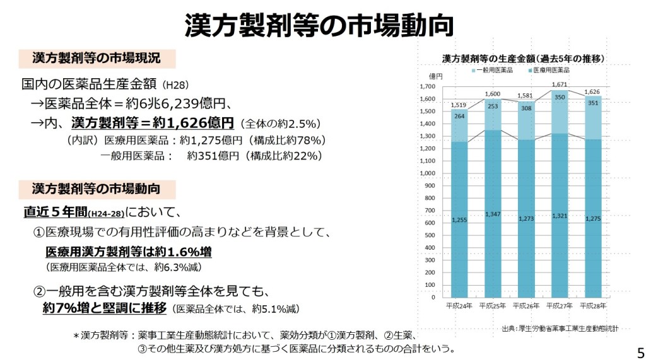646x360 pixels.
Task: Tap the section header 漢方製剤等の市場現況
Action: (x=96, y=59)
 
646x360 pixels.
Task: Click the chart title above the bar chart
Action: (x=524, y=58)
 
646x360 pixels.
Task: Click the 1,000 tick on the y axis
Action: (x=427, y=173)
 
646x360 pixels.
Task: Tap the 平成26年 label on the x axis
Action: (x=526, y=306)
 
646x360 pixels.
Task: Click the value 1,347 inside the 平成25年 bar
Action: (x=493, y=214)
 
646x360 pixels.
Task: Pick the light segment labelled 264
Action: (x=459, y=116)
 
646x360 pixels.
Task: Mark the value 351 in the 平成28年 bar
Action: (x=593, y=103)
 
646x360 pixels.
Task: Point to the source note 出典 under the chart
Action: (x=560, y=328)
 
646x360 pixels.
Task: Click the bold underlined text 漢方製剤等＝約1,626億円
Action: (x=153, y=122)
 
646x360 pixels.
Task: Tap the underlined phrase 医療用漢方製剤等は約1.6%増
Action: (x=128, y=252)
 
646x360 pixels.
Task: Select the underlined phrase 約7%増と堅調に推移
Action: (x=105, y=308)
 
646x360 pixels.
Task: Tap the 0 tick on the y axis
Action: (x=432, y=296)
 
